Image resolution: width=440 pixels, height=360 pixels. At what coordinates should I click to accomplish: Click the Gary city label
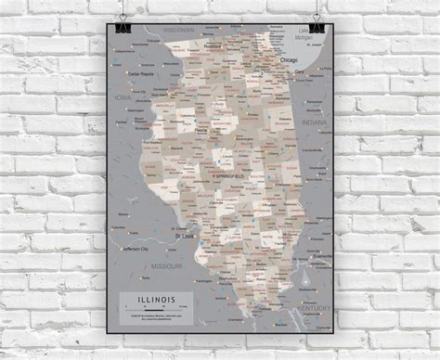(x=300, y=71)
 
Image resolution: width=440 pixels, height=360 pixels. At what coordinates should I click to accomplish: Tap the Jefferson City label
(x=130, y=249)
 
